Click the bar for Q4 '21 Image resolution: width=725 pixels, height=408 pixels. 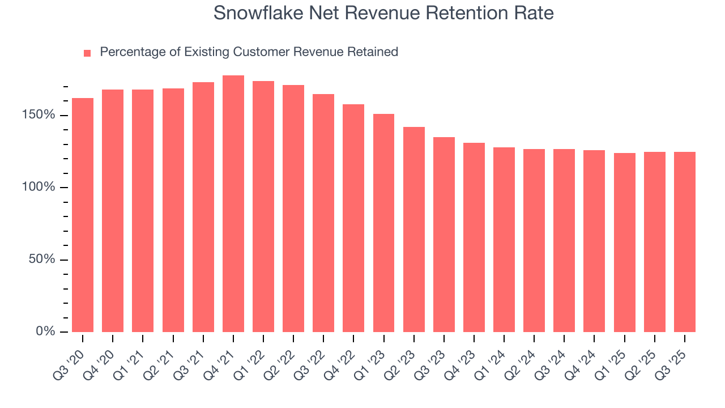pyautogui.click(x=233, y=204)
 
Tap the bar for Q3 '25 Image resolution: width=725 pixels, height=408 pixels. pyautogui.click(x=684, y=242)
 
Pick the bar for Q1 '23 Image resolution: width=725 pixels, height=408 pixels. pyautogui.click(x=383, y=223)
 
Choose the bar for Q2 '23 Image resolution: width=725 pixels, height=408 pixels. pyautogui.click(x=413, y=229)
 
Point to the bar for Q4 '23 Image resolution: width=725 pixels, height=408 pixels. pyautogui.click(x=474, y=237)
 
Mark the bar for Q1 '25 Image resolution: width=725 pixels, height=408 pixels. pyautogui.click(x=624, y=243)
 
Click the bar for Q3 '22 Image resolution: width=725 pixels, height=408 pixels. pyautogui.click(x=323, y=213)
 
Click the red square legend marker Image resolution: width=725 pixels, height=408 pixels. pyautogui.click(x=87, y=53)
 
